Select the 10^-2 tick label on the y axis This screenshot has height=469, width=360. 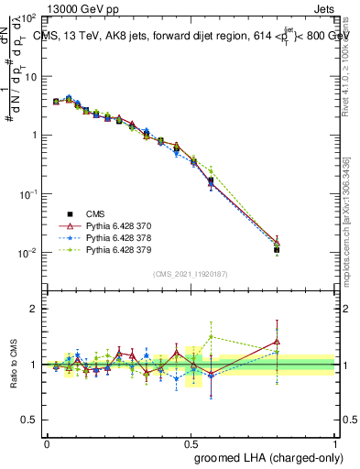[30, 253]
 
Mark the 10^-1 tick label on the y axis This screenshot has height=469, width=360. [30, 194]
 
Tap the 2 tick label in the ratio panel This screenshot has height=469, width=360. [35, 310]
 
